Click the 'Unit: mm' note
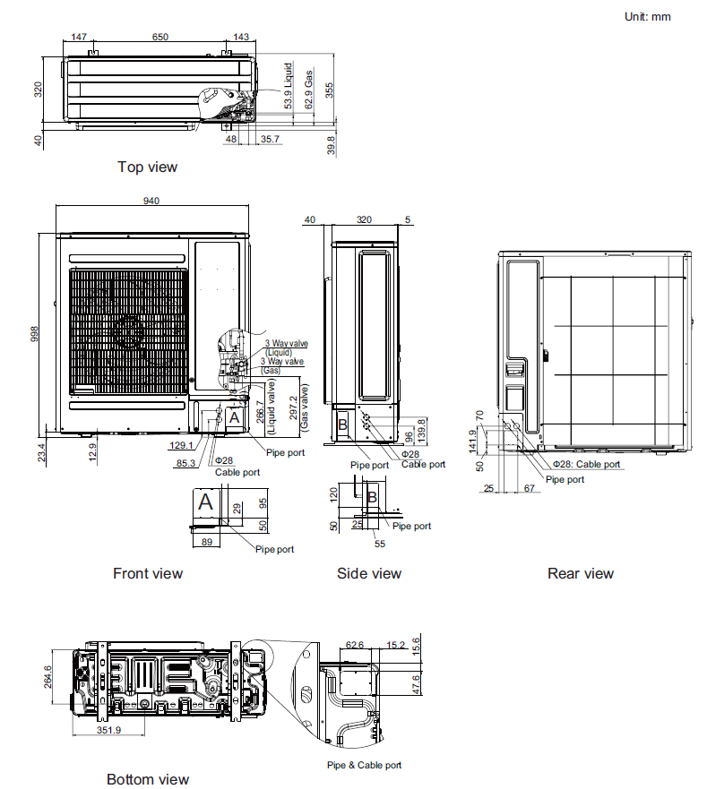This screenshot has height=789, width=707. click(647, 16)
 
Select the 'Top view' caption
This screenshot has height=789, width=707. click(147, 167)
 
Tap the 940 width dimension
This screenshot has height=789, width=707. click(151, 202)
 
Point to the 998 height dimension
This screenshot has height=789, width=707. click(35, 333)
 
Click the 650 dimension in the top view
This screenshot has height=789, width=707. click(160, 37)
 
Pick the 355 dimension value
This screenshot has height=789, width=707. click(330, 90)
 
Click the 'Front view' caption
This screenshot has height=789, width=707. click(147, 573)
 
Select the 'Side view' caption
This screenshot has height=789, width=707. click(369, 573)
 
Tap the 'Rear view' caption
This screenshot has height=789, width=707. click(581, 573)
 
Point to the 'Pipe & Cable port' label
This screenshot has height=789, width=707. click(364, 765)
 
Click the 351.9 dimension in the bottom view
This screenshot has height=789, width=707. click(108, 730)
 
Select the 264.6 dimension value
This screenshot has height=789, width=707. click(49, 676)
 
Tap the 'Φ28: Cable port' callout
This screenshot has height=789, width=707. click(586, 464)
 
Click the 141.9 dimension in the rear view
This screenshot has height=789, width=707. click(472, 440)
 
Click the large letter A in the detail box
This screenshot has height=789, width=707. click(205, 502)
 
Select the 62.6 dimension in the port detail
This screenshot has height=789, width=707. click(354, 644)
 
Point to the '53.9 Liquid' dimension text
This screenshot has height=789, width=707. click(289, 86)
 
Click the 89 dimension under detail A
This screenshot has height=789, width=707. click(206, 543)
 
